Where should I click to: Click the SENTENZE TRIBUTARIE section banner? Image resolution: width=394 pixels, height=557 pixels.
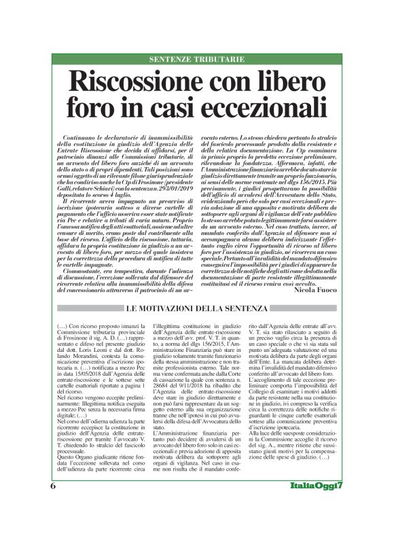coord(196,59)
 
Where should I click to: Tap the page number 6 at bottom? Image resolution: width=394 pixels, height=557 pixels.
coord(53,525)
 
